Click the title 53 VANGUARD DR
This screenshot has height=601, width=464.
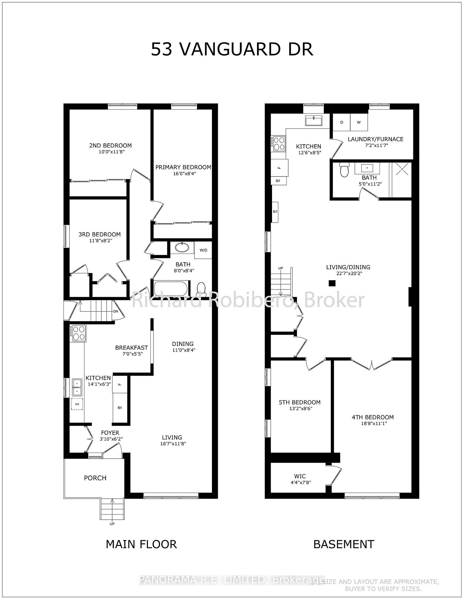click(x=232, y=49)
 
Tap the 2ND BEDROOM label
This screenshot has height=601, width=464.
click(x=110, y=145)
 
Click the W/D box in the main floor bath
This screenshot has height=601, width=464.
click(x=203, y=250)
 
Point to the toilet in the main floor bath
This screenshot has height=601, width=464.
click(x=201, y=288)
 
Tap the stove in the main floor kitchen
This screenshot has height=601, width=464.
click(x=78, y=333)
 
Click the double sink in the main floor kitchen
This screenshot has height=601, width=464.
click(x=77, y=387)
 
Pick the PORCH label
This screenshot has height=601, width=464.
click(x=95, y=478)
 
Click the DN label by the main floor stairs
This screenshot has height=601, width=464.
click(x=115, y=311)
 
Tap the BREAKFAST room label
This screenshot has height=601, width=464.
click(x=131, y=347)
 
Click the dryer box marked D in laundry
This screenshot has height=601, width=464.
click(x=342, y=122)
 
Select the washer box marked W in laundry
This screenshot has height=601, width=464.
click(x=359, y=122)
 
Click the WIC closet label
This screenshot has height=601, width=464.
click(x=300, y=476)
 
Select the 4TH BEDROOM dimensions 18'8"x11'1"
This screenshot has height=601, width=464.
click(x=372, y=424)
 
